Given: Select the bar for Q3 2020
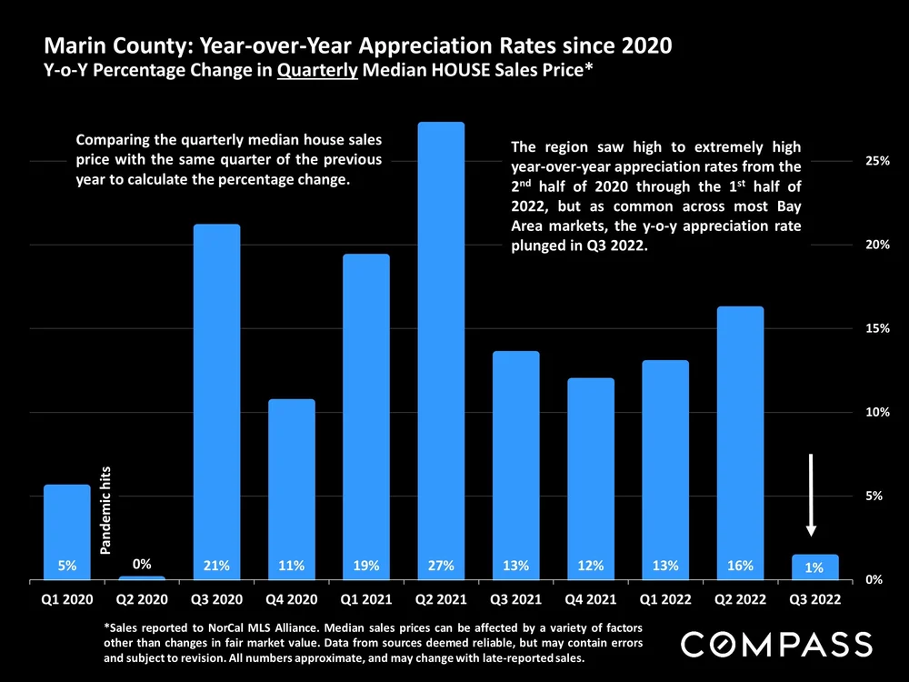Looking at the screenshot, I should coord(216,400).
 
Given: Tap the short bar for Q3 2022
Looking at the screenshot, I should coord(814,567).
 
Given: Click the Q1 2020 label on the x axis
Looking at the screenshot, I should coord(67,600).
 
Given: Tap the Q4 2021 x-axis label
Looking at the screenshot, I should coord(590,600).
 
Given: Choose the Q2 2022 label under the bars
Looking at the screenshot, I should coord(739,600).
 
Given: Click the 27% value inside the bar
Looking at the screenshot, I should coord(441,566).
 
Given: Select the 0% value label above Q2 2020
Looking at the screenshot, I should coord(142,565).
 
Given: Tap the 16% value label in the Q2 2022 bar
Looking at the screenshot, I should coord(740,566).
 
